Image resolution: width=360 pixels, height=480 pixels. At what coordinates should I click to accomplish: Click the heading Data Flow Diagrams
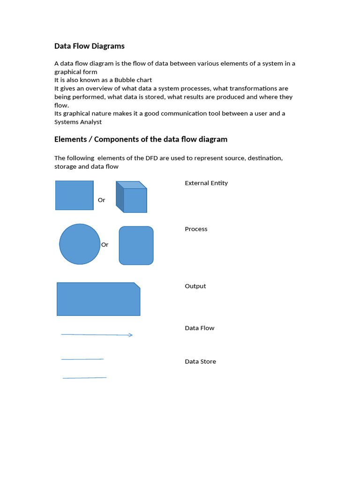(90, 46)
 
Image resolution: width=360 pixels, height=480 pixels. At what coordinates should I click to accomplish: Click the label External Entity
(206, 183)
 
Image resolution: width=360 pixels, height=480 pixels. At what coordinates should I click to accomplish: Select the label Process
(196, 229)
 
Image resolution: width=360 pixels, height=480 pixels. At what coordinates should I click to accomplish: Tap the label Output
(195, 286)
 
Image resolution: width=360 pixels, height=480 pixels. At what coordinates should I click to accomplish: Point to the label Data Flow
(200, 328)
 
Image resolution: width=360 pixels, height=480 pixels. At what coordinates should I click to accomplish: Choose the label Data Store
(201, 361)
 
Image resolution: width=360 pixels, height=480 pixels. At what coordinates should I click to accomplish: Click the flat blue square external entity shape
(74, 195)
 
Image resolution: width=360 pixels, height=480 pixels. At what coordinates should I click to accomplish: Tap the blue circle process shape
(80, 244)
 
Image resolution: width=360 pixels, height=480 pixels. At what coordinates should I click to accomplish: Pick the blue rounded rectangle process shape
(136, 246)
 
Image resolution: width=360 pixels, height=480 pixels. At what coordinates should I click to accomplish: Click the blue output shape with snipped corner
(98, 299)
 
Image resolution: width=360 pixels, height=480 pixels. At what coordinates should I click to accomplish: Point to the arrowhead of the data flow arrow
(131, 335)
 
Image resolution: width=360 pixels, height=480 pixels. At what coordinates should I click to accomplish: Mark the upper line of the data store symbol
(82, 359)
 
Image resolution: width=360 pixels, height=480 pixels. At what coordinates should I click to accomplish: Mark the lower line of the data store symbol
(84, 377)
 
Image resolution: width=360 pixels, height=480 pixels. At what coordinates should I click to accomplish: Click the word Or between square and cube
(101, 200)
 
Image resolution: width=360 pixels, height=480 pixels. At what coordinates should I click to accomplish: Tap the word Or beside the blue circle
(105, 245)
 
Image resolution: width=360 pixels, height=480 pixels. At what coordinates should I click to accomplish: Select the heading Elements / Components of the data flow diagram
(141, 139)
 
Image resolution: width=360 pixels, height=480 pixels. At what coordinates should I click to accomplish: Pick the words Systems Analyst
(78, 122)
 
